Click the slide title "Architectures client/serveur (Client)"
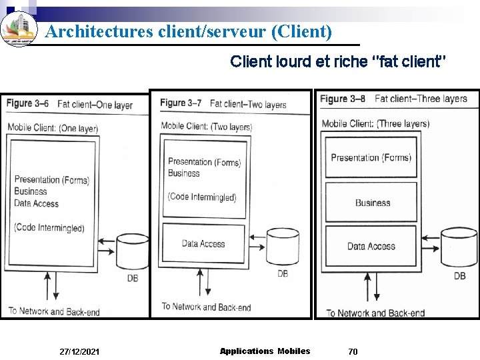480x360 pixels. point(188,31)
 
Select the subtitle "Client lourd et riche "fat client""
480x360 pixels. point(338,62)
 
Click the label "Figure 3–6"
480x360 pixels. point(28,103)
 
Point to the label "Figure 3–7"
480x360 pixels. point(181,103)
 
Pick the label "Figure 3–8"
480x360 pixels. point(343,99)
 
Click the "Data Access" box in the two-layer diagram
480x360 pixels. point(203,244)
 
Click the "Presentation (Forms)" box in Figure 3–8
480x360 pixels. point(371,157)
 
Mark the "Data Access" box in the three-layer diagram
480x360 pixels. point(371,247)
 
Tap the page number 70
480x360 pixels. point(353,351)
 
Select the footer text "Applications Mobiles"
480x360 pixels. point(265,351)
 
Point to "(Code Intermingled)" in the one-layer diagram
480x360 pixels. point(49,227)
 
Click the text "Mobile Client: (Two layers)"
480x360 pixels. point(206,127)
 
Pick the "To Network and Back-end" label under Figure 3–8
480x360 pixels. point(375,313)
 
